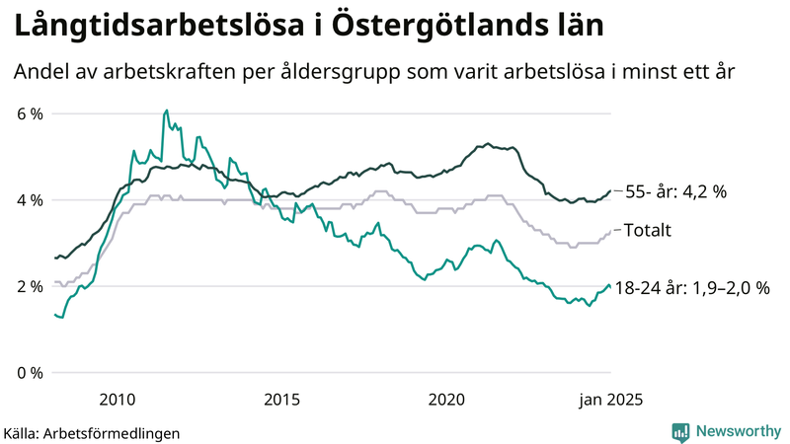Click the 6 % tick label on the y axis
pos(30,113)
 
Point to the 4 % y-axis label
pos(30,200)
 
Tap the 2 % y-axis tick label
pos(30,286)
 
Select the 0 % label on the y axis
pos(30,373)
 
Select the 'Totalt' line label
pos(650,231)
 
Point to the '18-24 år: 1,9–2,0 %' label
pos(691,288)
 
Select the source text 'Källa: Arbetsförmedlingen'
pos(92,432)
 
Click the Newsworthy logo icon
pos(680,431)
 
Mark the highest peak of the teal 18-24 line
pos(167,111)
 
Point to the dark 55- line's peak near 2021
pos(488,143)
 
